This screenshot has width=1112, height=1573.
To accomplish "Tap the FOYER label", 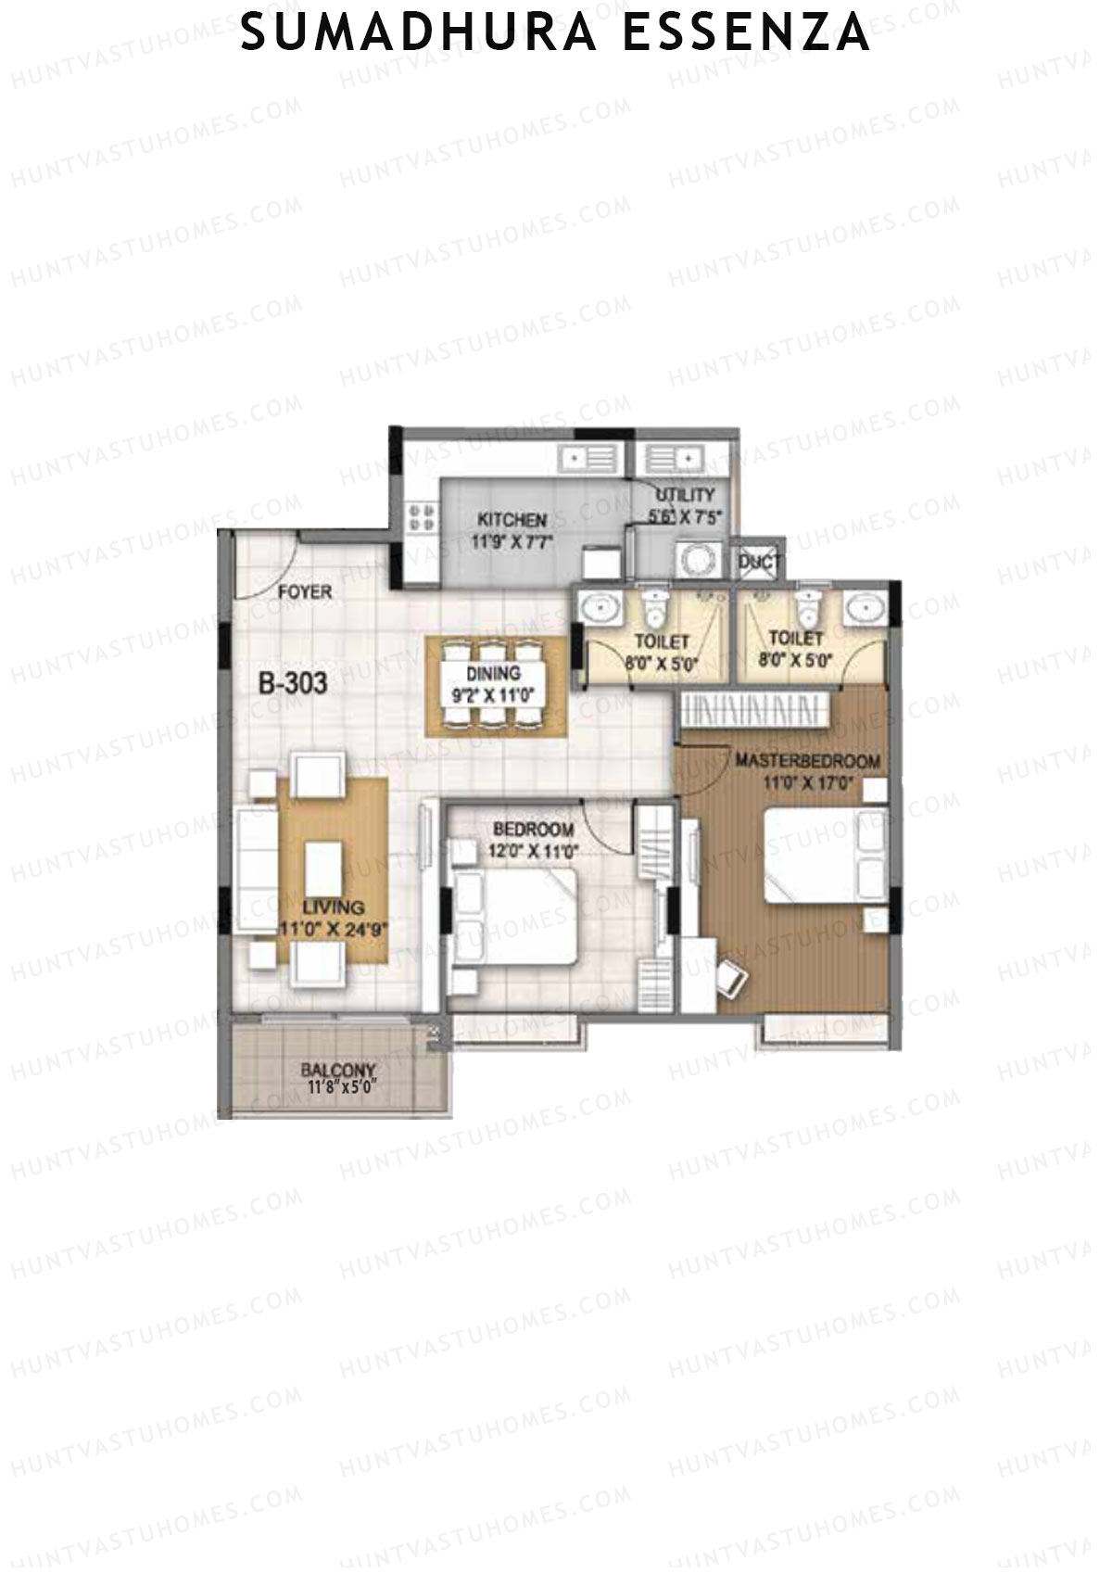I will [305, 591].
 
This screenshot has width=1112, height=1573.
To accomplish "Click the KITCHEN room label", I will [512, 520].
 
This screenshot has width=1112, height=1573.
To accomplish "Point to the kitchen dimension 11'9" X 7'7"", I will [512, 542].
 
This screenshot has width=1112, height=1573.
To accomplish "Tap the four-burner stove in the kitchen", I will [421, 517].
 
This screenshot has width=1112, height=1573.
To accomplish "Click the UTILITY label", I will [685, 495].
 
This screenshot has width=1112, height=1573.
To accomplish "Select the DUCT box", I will [759, 562].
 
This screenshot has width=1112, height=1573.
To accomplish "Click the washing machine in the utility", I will [694, 560].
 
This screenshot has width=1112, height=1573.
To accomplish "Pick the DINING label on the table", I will [493, 673].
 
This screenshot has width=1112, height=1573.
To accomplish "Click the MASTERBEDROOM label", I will [807, 761].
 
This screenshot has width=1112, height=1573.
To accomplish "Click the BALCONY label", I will [337, 1069].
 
